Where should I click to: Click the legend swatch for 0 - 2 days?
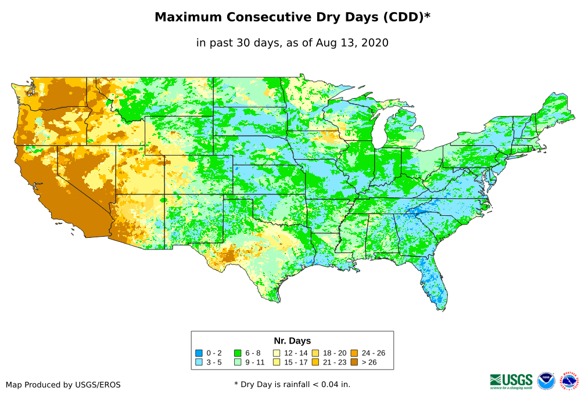199,353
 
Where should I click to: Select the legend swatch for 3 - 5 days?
199,362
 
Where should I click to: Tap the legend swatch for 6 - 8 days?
238,353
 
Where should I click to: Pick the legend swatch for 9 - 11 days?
238,362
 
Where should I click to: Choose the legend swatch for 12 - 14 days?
277,353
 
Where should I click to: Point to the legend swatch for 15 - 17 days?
277,362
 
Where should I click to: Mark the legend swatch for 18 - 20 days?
315,353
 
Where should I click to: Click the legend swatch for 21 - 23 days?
315,362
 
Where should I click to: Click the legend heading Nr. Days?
292,341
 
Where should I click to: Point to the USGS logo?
511,381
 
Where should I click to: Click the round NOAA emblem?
546,381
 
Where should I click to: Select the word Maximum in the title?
188,17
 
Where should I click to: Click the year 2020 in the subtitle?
375,42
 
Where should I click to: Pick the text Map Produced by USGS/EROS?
63,385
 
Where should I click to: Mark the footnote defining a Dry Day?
292,384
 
